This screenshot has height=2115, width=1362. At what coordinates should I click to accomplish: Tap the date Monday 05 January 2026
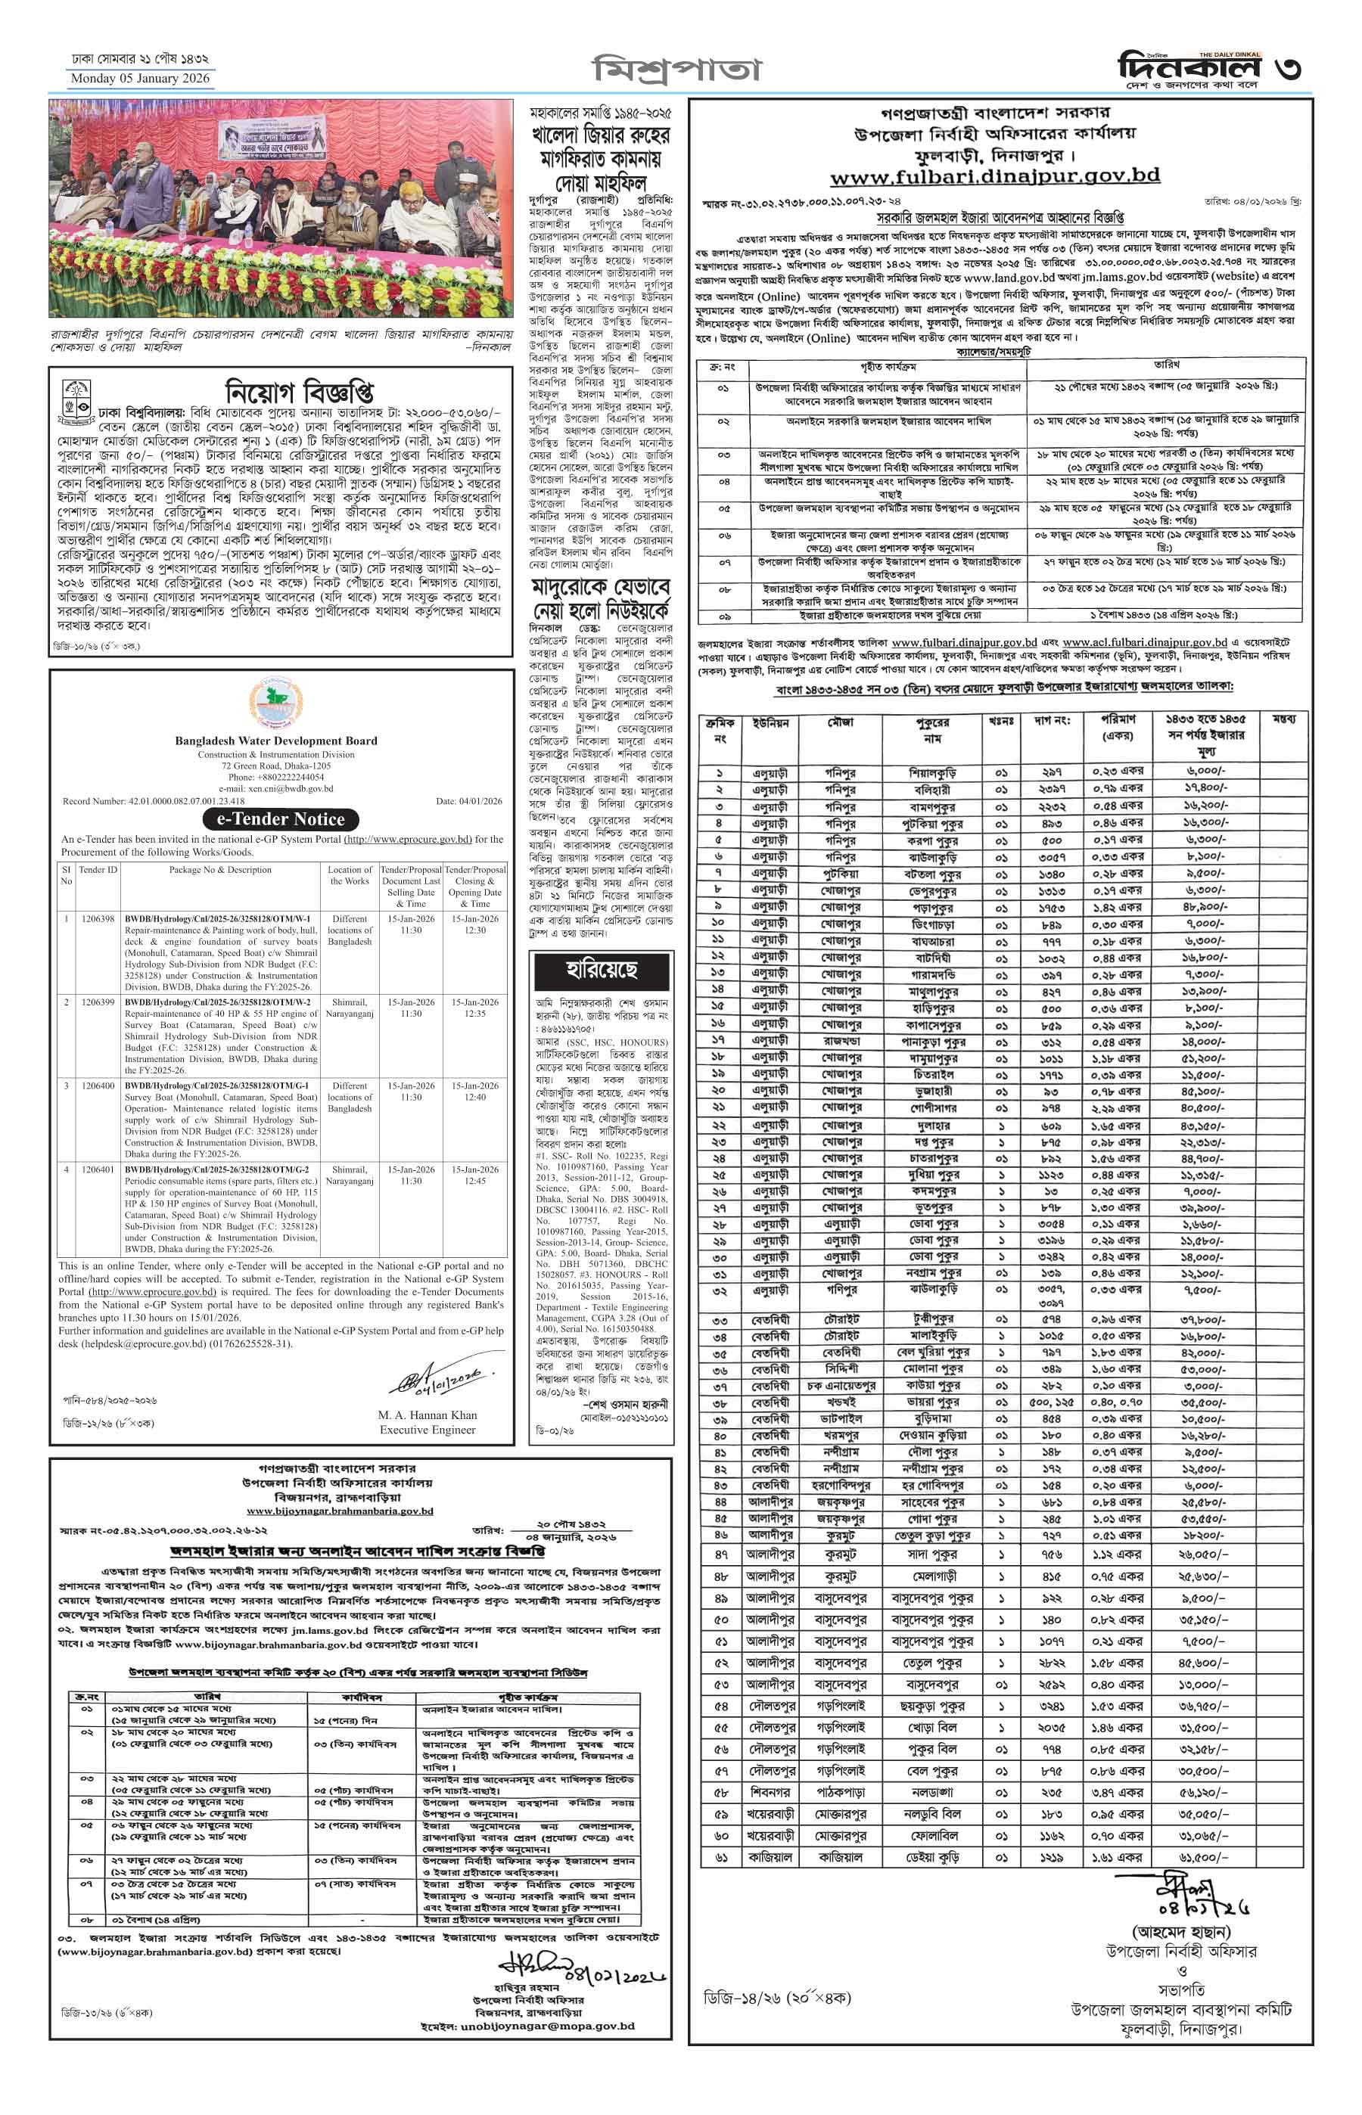tap(140, 79)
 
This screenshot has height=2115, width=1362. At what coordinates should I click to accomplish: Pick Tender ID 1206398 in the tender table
tap(98, 918)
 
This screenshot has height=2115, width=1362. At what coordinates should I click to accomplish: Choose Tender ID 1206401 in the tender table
tap(98, 1169)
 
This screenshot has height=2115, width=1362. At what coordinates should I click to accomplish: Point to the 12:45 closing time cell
tap(475, 1180)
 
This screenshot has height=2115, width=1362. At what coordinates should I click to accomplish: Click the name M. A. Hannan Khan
tap(428, 1415)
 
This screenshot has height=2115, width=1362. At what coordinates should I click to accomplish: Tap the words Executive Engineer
tap(428, 1430)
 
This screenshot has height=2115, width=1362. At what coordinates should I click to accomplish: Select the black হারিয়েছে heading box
tap(602, 970)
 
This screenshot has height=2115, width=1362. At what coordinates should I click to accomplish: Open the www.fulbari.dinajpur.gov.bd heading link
tap(995, 176)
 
